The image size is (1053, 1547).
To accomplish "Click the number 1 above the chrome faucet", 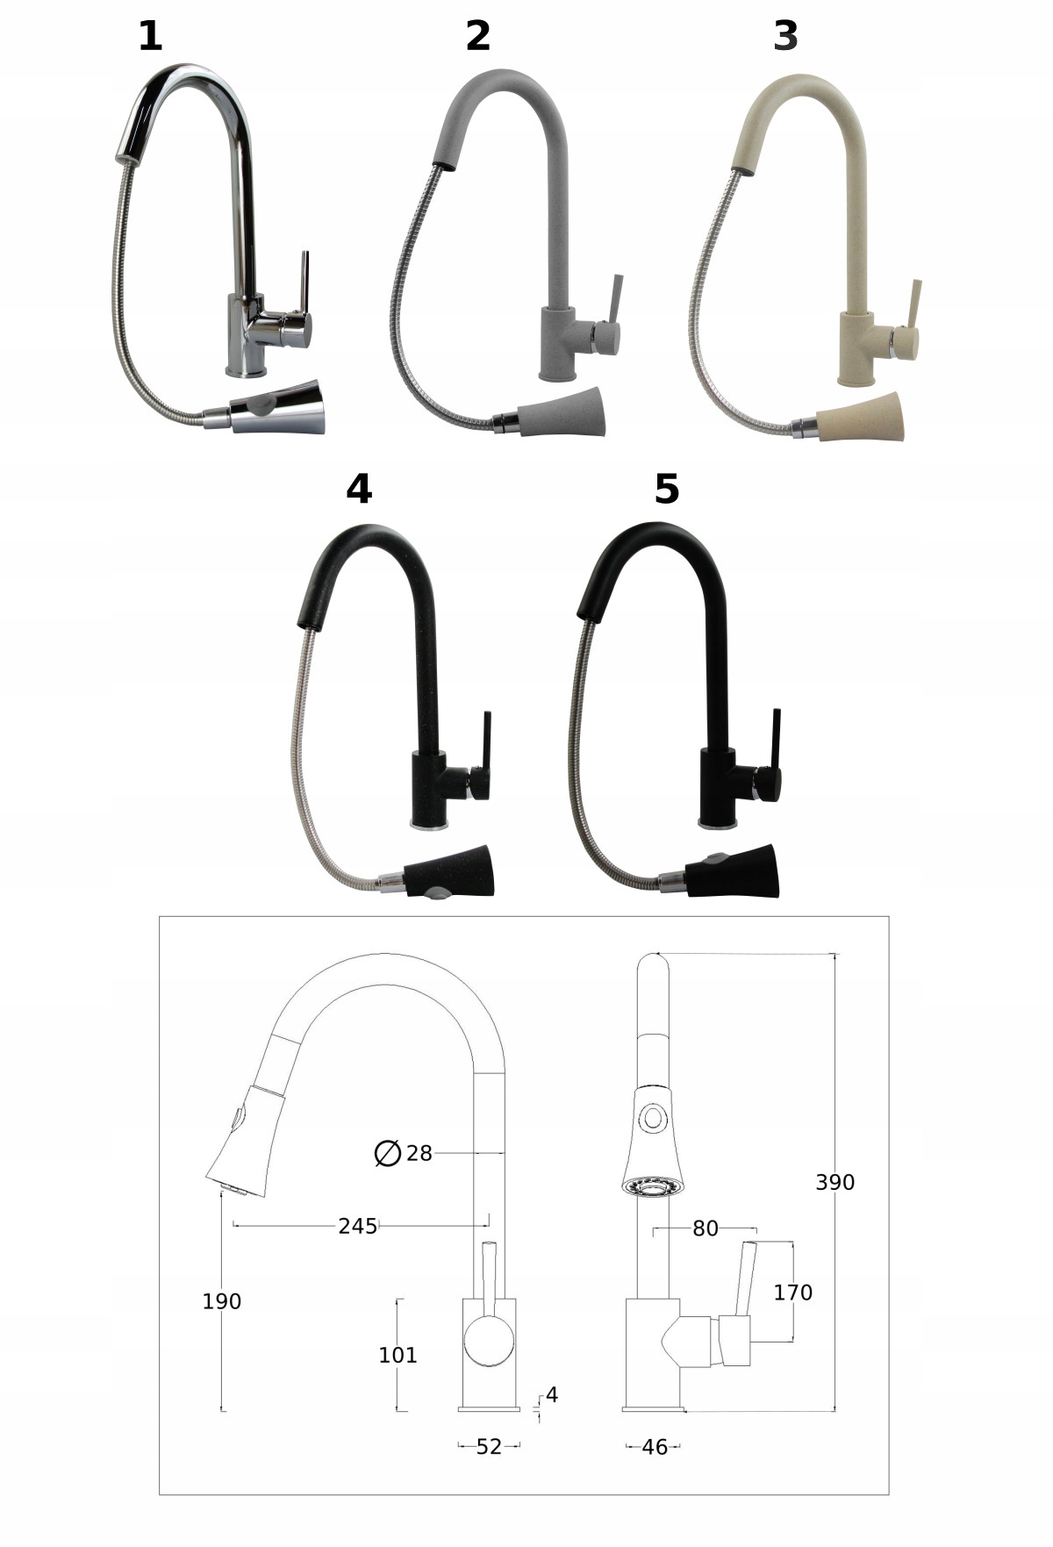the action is [150, 36].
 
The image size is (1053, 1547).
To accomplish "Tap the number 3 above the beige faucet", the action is [785, 36].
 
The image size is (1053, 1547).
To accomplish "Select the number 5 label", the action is [667, 489].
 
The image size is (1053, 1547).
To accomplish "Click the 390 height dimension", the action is [835, 1182].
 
